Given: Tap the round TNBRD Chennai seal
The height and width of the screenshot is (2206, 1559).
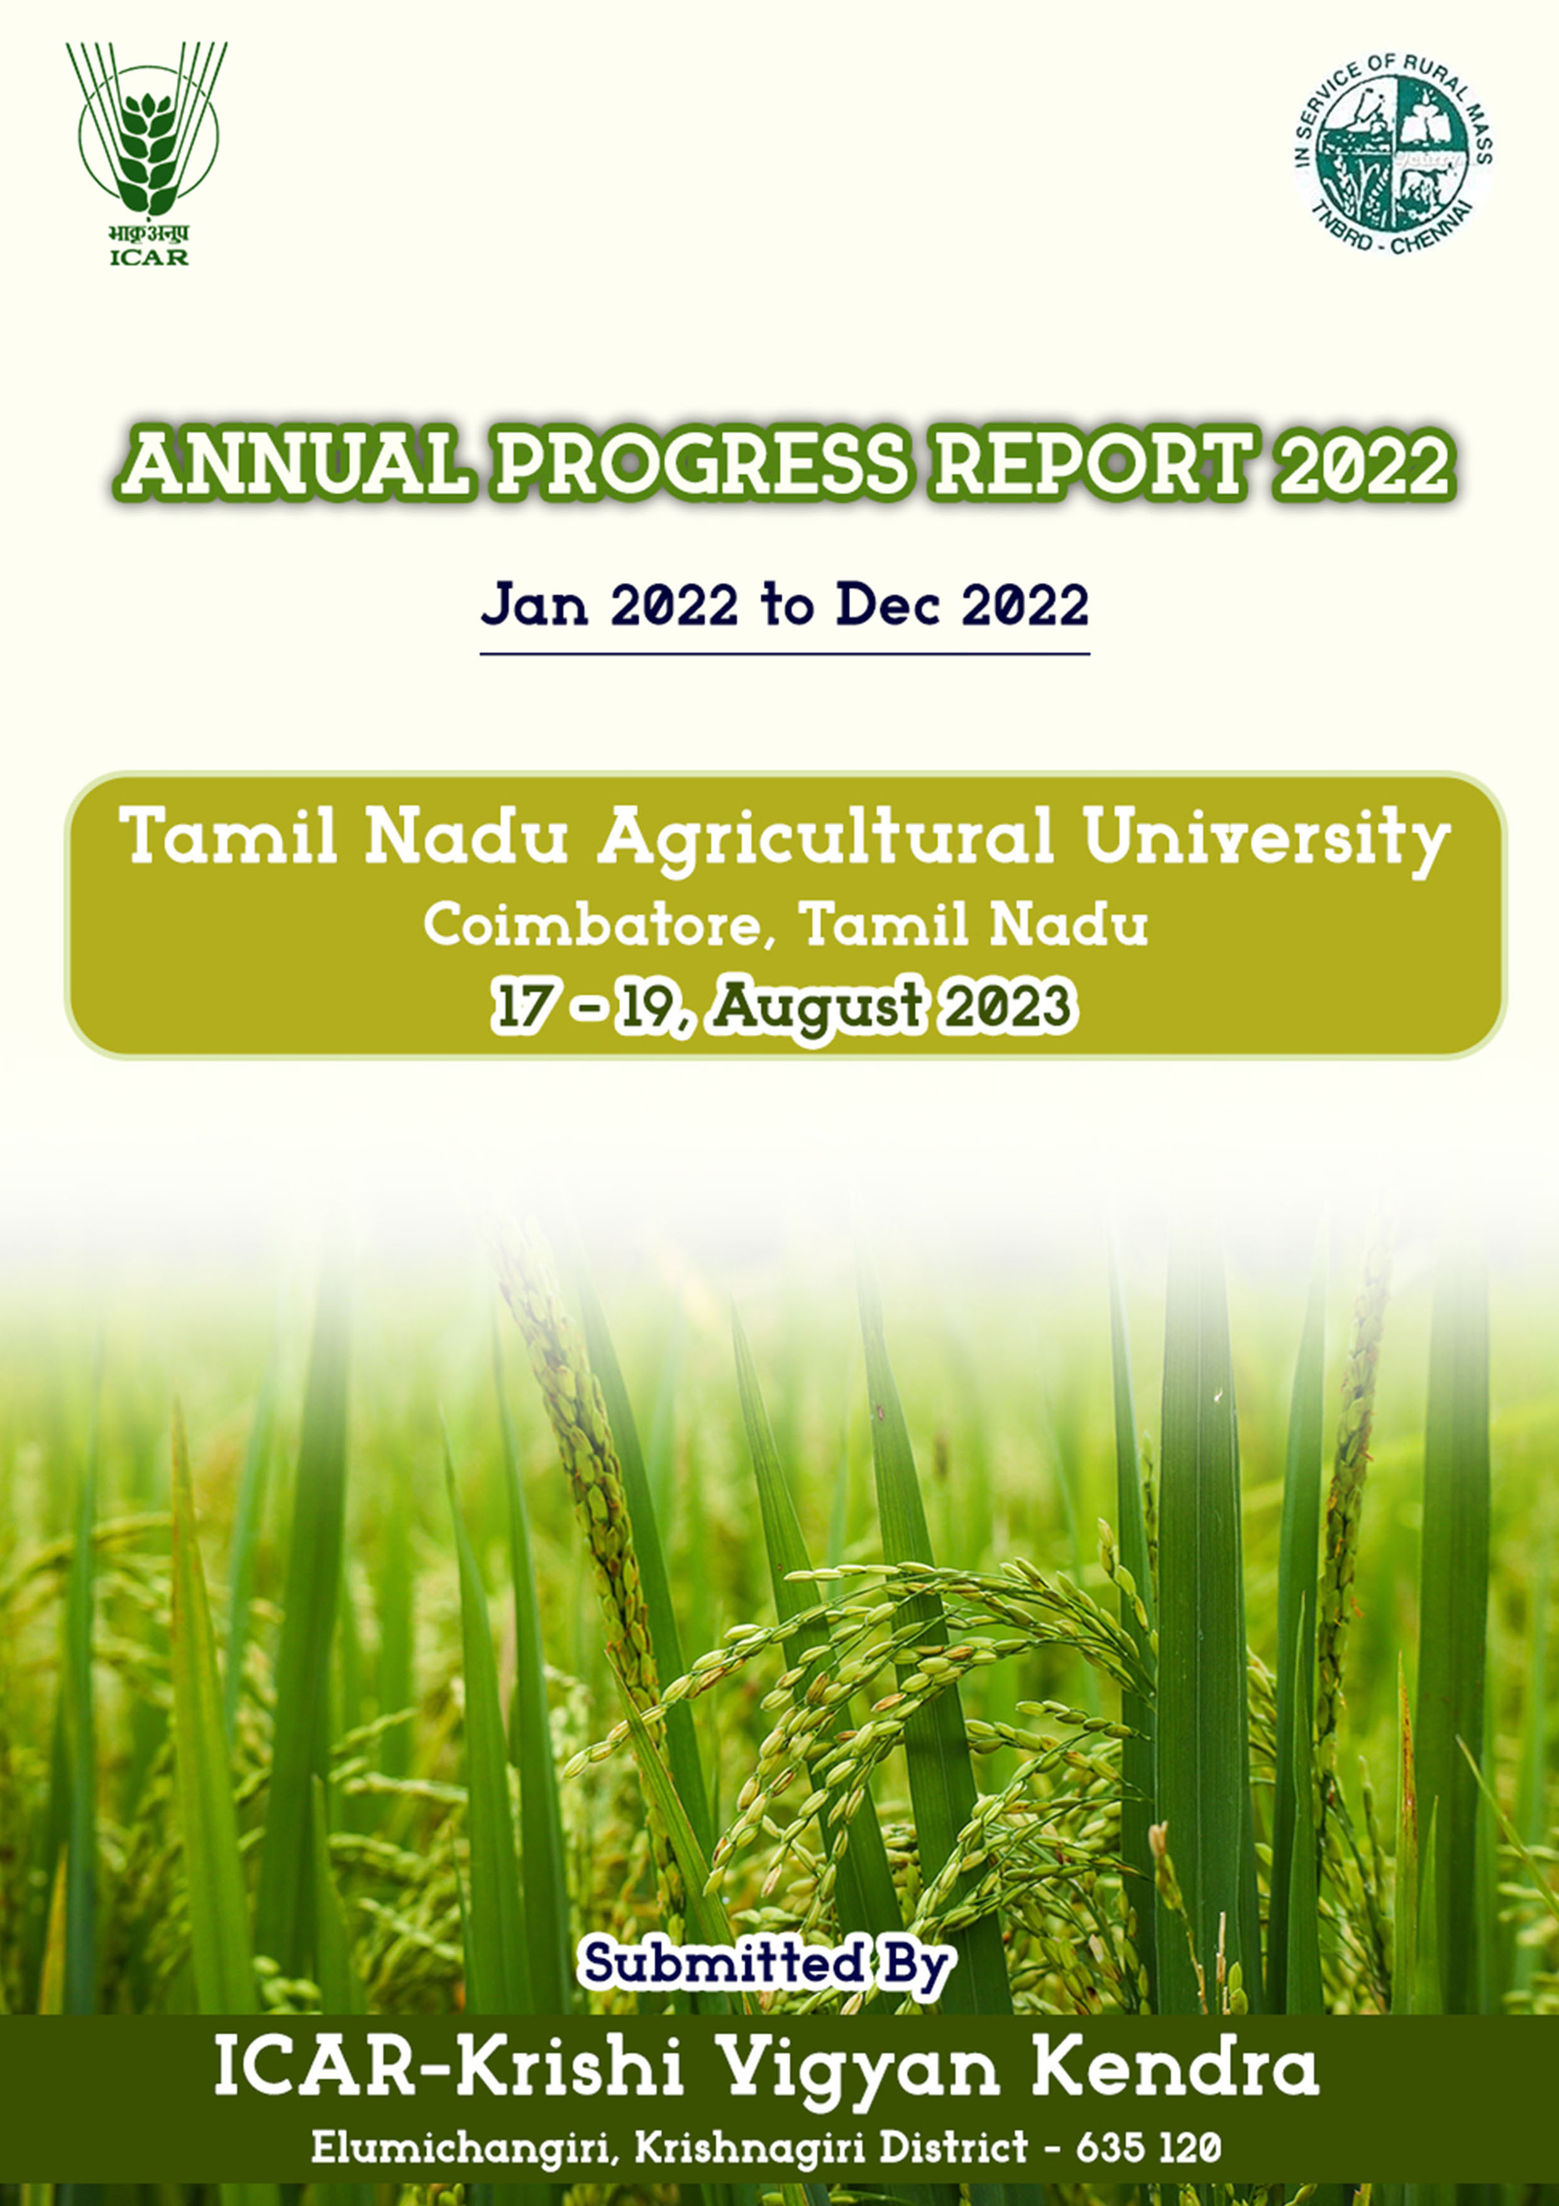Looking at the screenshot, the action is (x=1394, y=153).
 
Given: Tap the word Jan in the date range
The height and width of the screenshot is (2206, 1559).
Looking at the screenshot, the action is (x=534, y=606).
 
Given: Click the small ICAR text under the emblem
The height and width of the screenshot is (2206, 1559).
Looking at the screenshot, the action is (x=149, y=257).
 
